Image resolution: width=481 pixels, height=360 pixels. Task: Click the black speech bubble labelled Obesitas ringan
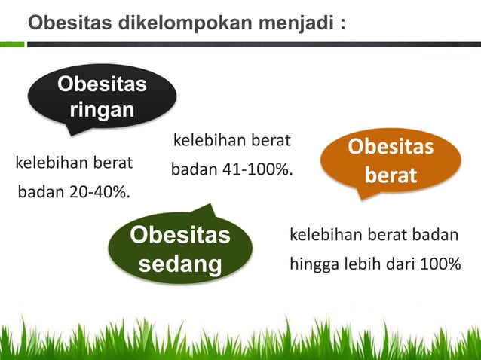(102, 98)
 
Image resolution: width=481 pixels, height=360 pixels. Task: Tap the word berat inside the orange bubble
(390, 175)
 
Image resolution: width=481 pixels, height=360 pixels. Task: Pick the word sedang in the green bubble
(180, 264)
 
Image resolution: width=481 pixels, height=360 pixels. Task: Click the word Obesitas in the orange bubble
(390, 146)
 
